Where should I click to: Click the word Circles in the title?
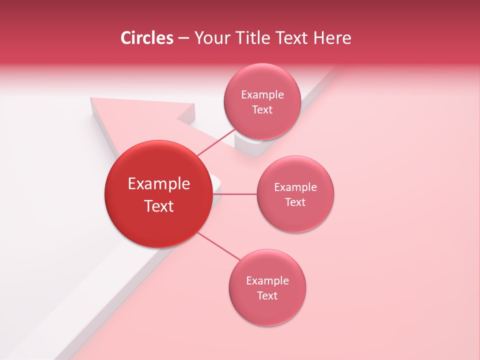(146, 38)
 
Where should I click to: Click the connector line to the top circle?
(216, 141)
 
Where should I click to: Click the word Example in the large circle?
(159, 184)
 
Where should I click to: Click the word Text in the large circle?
(159, 206)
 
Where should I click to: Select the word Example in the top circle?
(262, 95)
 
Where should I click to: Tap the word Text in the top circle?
(262, 110)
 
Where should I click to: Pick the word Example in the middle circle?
(295, 187)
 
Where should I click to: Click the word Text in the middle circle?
(295, 202)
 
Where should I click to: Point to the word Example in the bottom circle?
(267, 280)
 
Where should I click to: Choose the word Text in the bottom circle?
(267, 295)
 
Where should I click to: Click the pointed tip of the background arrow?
(91, 99)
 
